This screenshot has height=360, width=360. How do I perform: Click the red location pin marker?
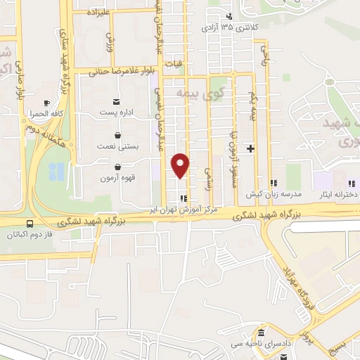tap(181, 165)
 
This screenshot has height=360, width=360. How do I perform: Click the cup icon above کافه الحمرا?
tap(46, 103)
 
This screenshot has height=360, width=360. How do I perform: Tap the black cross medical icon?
tap(250, 148)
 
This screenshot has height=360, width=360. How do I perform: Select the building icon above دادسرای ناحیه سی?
tap(260, 333)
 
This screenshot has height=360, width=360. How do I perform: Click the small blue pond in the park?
tap(56, 169)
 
